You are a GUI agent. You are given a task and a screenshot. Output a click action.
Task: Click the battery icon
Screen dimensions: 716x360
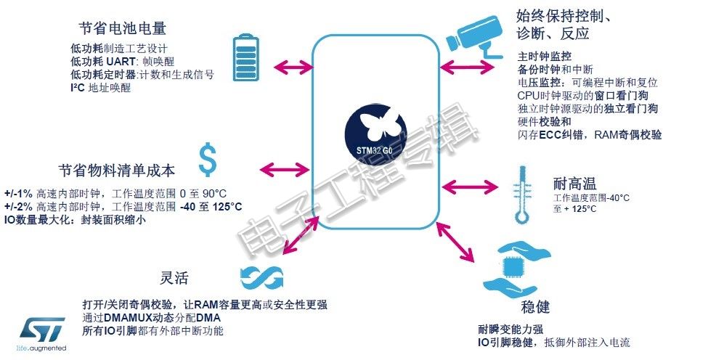[x=247, y=57]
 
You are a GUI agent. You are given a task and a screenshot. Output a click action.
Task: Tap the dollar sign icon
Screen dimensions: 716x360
[x=207, y=160]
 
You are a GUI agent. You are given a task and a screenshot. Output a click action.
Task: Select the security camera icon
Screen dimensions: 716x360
[x=473, y=36]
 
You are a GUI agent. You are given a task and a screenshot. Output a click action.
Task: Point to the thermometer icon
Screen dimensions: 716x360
[x=522, y=195]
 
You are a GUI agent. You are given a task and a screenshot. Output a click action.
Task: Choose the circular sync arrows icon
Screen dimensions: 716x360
[x=261, y=277]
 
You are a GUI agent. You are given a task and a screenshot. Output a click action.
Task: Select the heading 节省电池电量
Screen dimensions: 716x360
[x=123, y=28]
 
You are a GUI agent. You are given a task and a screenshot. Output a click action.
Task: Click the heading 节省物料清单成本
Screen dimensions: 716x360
[x=116, y=171]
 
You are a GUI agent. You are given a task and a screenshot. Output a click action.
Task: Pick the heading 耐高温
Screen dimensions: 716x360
[x=574, y=184]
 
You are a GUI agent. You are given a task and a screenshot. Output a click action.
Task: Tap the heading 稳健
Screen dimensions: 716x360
[x=535, y=306]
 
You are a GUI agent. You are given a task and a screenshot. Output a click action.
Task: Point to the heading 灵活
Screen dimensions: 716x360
[x=174, y=278]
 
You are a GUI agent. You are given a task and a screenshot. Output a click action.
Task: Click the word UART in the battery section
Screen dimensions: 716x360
[x=121, y=62]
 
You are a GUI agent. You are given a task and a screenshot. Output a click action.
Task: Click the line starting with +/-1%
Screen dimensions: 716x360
[x=115, y=194]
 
